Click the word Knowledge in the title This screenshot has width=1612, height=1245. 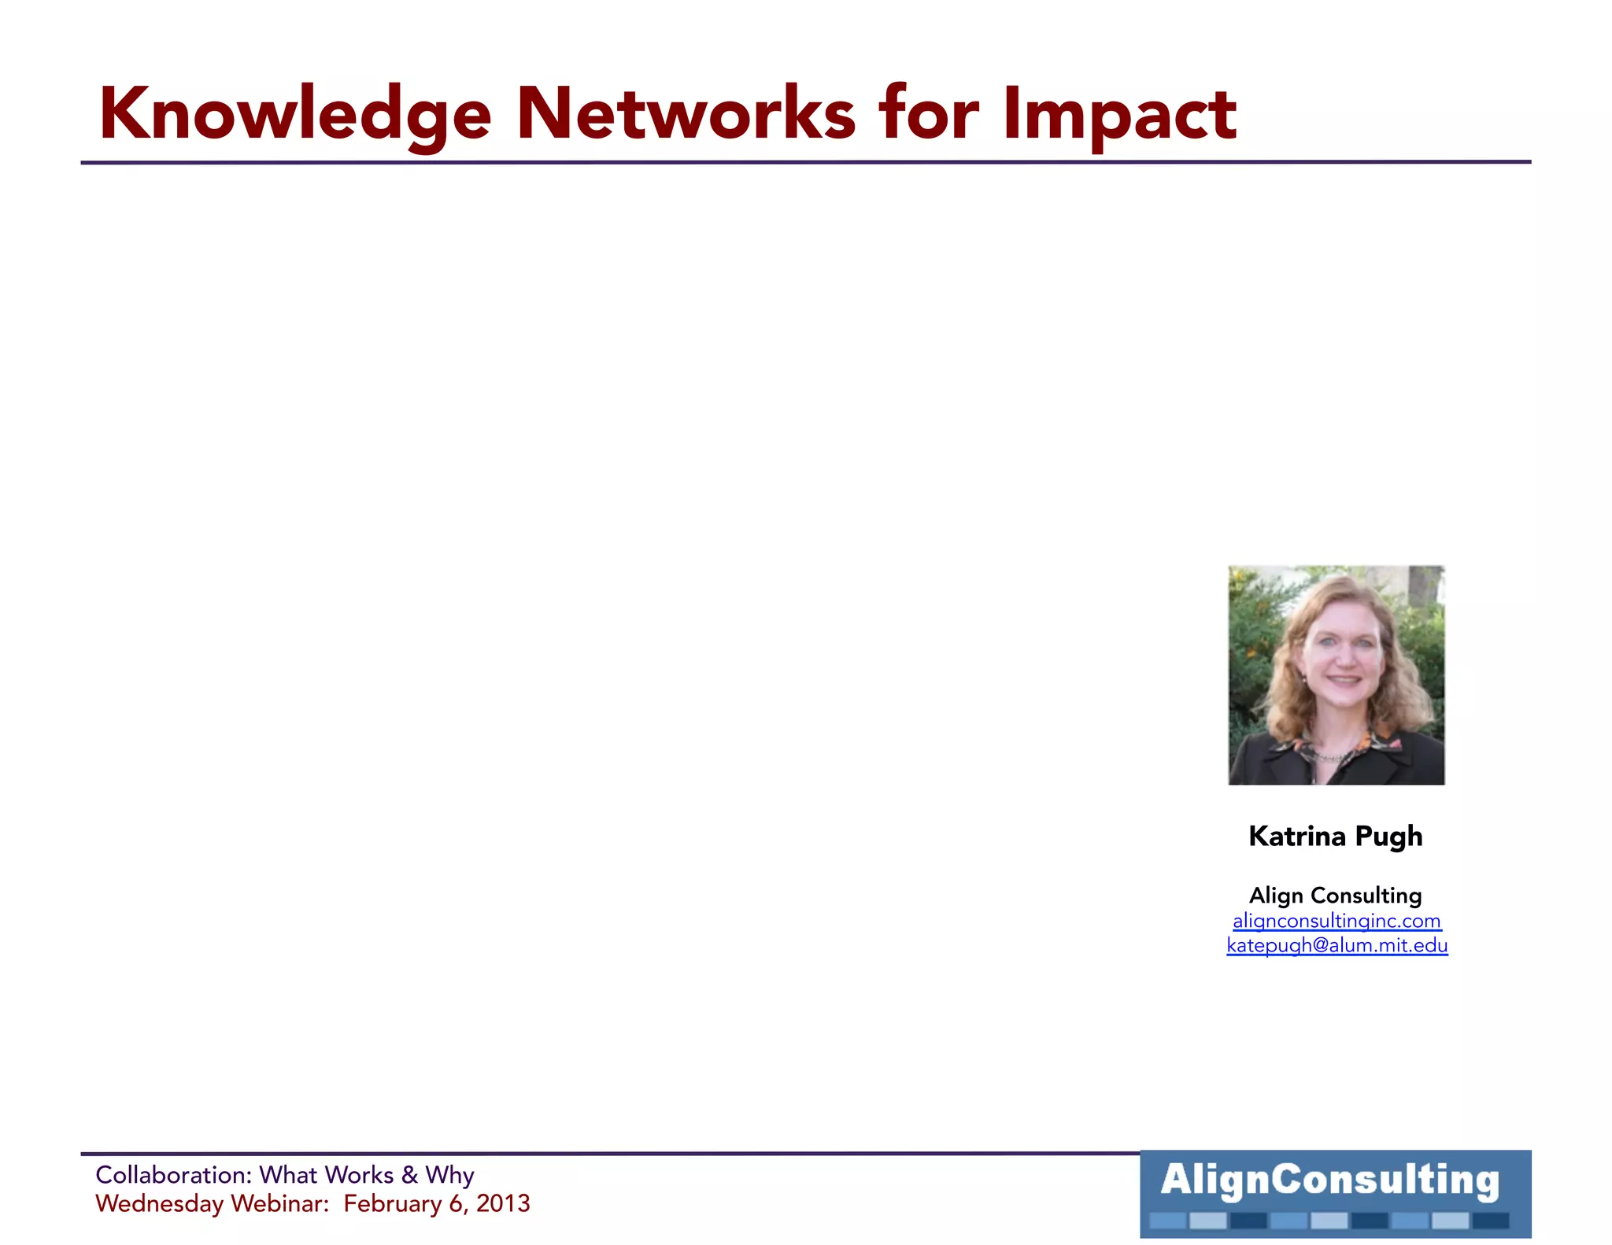[x=295, y=114]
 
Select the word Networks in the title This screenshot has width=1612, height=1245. [x=686, y=114]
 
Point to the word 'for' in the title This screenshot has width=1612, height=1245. [x=929, y=114]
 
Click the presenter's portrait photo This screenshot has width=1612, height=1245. [x=1336, y=674]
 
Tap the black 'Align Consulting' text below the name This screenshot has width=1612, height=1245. [x=1336, y=896]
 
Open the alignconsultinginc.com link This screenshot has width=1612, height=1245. [x=1337, y=921]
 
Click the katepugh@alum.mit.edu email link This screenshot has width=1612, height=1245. [x=1337, y=945]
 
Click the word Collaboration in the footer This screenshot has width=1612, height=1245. [x=173, y=1175]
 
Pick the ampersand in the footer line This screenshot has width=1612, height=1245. [x=409, y=1175]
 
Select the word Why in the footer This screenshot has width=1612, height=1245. [x=449, y=1176]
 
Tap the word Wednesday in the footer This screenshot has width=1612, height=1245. [x=159, y=1203]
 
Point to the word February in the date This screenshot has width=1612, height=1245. [x=392, y=1204]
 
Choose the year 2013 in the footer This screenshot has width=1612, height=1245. [x=503, y=1203]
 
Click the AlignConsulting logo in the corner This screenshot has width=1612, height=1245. [x=1335, y=1193]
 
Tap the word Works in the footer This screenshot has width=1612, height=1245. [x=359, y=1175]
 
